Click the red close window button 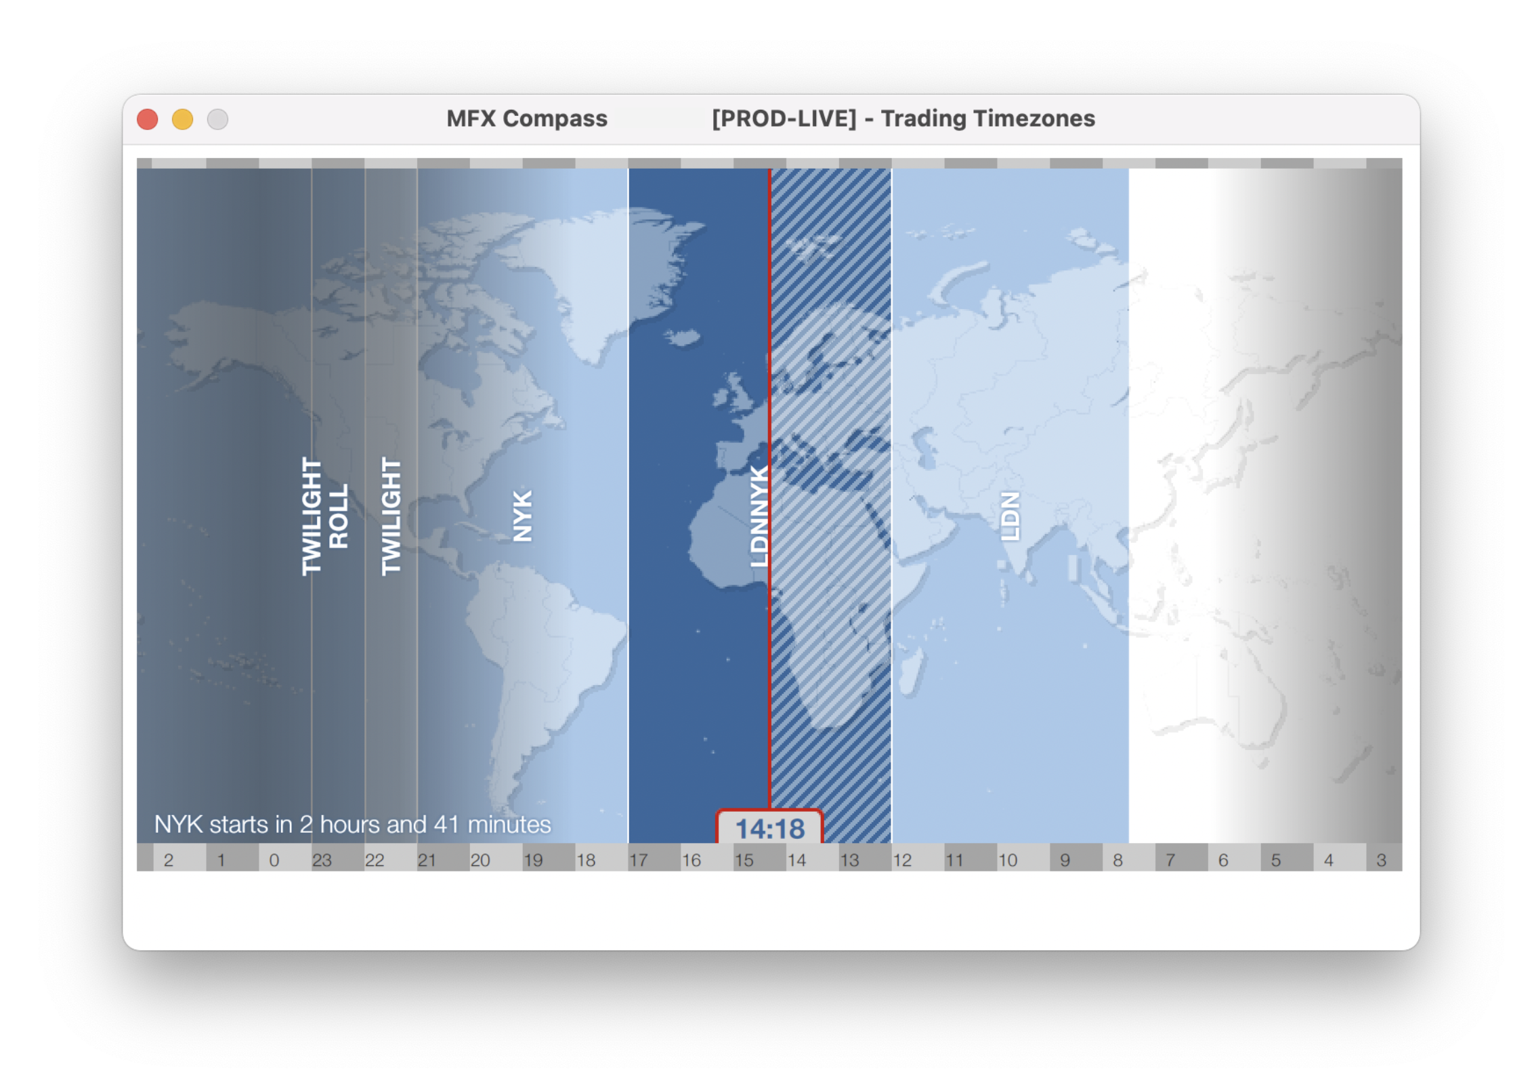[148, 119]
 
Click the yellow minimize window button [183, 119]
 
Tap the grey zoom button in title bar [217, 119]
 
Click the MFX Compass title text [527, 119]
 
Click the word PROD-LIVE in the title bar [784, 119]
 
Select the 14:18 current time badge [770, 828]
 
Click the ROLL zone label [339, 516]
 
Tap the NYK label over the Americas [522, 516]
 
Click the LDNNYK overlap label [759, 516]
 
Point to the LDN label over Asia [1010, 516]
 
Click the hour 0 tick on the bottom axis [274, 860]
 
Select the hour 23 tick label [322, 860]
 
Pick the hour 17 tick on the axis [639, 860]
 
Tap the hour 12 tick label [902, 860]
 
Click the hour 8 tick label [1118, 860]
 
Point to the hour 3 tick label [1381, 860]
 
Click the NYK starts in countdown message [353, 824]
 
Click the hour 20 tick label [480, 860]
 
